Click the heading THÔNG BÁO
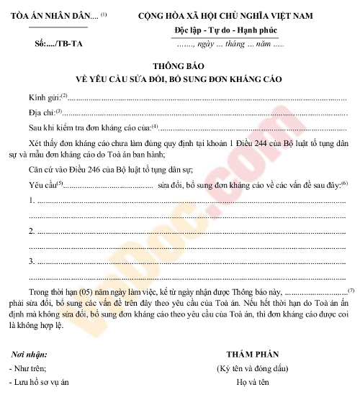click(179, 63)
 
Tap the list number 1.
click(32, 200)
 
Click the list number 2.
click(32, 231)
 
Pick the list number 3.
click(32, 260)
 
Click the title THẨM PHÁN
click(252, 355)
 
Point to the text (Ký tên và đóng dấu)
click(253, 369)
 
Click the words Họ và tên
click(253, 383)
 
